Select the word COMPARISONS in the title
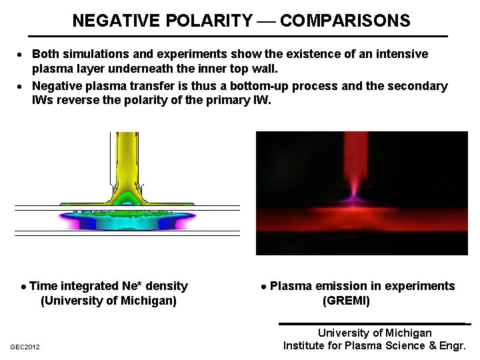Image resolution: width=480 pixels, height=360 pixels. (345, 21)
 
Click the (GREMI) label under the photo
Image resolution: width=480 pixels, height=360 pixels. (346, 301)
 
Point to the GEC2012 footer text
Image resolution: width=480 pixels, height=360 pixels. (25, 347)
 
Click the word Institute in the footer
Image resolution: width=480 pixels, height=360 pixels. (305, 345)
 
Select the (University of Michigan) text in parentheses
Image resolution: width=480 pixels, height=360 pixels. (109, 301)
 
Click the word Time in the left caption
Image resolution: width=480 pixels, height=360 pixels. (44, 286)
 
